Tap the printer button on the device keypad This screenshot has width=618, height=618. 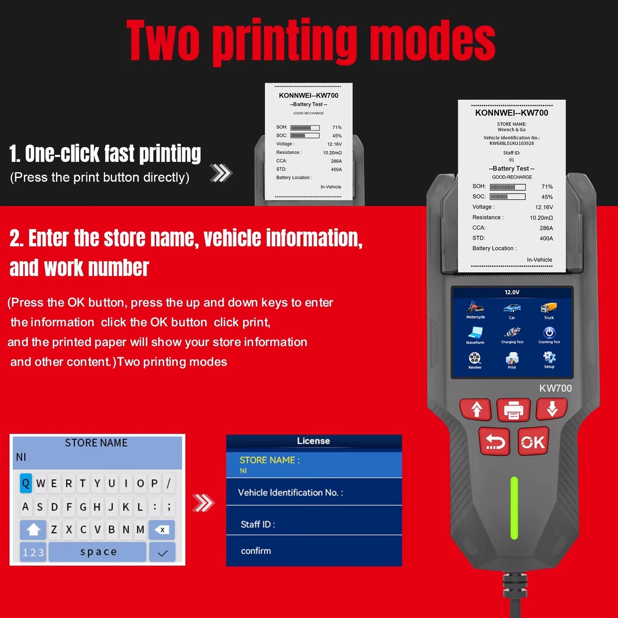513,410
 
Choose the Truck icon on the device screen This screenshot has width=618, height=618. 549,310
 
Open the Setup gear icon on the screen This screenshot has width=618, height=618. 549,359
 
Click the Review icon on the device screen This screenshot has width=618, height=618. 475,360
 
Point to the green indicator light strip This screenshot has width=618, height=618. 514,508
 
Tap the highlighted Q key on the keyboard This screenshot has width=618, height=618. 26,483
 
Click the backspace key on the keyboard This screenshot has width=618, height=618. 162,529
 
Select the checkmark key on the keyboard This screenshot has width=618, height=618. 162,553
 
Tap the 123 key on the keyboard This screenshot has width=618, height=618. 33,553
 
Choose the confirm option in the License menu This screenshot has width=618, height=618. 256,551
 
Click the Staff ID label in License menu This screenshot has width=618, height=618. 257,524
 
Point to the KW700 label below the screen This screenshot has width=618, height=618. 555,388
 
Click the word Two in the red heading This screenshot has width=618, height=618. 163,41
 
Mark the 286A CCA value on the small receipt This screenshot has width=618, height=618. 336,161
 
